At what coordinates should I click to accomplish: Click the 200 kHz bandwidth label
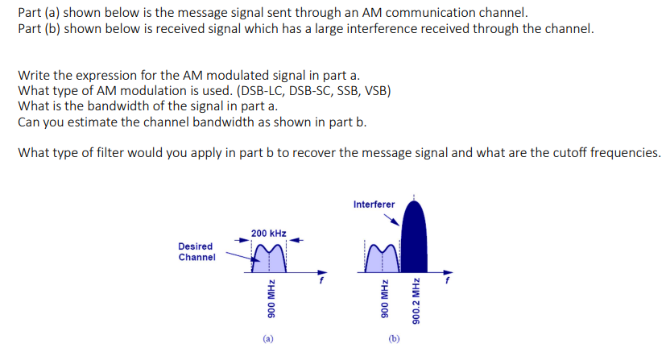pos(268,233)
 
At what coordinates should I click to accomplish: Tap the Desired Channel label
pos(196,251)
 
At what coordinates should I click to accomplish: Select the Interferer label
pos(374,205)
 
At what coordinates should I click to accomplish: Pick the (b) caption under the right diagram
pos(394,340)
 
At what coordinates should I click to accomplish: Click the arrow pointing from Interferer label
pos(391,219)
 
